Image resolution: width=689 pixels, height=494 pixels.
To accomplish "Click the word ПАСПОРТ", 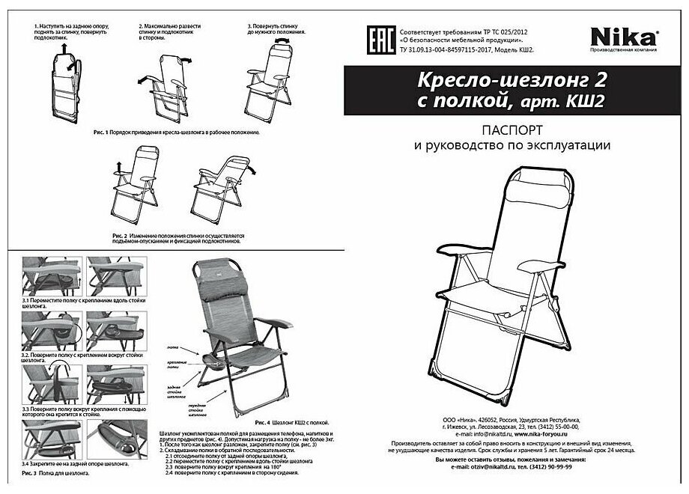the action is (x=512, y=129).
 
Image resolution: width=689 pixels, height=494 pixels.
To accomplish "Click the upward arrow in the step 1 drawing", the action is (x=62, y=47).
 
